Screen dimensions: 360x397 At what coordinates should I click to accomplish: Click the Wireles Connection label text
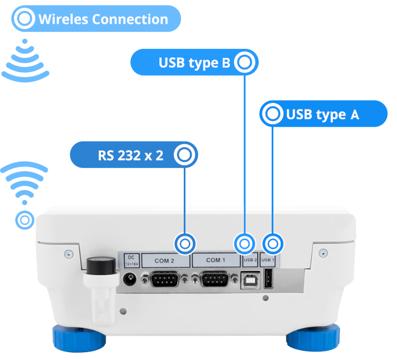click(x=103, y=19)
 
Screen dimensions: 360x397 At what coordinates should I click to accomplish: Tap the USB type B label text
click(x=195, y=63)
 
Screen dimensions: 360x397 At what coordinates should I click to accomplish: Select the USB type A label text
click(x=322, y=115)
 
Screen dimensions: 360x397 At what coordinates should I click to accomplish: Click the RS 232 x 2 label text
click(x=130, y=155)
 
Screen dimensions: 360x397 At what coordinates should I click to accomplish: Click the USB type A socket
click(x=268, y=280)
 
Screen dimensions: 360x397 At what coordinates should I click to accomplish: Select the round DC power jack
click(x=130, y=279)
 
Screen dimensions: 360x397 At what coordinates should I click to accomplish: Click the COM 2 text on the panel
click(x=164, y=261)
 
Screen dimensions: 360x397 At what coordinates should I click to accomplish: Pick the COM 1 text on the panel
click(x=216, y=260)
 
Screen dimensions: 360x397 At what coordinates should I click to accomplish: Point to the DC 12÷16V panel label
click(x=130, y=260)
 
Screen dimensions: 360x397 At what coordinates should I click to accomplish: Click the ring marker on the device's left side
click(x=24, y=220)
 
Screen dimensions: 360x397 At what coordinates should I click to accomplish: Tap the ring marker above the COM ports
click(x=185, y=244)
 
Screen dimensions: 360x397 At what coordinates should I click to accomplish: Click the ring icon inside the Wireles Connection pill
click(x=25, y=19)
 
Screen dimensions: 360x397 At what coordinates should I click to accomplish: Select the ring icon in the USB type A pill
click(x=273, y=114)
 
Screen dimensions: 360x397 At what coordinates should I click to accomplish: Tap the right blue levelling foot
click(x=313, y=338)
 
